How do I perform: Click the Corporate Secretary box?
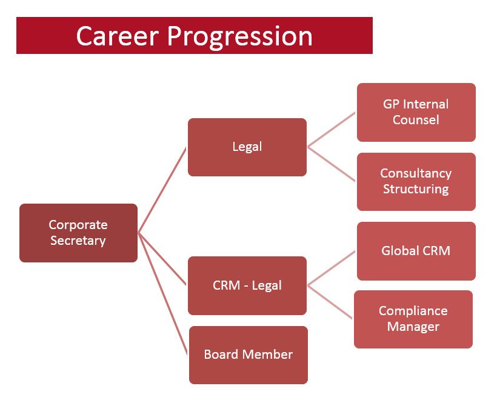click(x=78, y=233)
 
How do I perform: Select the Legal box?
click(x=247, y=147)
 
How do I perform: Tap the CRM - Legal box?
click(x=247, y=286)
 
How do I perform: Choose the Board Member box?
click(x=248, y=355)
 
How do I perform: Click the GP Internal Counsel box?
click(x=416, y=113)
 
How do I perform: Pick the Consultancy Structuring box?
click(x=416, y=182)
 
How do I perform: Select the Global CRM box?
click(x=416, y=251)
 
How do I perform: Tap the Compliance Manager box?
click(x=413, y=319)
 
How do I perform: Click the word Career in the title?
click(x=117, y=36)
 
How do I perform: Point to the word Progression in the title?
click(x=240, y=38)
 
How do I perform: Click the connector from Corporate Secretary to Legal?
click(x=162, y=190)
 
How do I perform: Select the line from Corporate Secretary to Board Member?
click(x=163, y=294)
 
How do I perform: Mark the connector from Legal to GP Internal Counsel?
click(x=332, y=130)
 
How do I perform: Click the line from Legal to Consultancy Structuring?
click(x=332, y=164)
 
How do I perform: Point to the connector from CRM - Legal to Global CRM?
click(x=332, y=268)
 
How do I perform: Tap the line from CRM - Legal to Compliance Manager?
click(x=330, y=302)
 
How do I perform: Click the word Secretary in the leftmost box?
click(x=78, y=241)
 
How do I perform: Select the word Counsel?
click(x=416, y=120)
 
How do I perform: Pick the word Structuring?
click(x=416, y=190)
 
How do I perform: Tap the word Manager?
click(x=413, y=327)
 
